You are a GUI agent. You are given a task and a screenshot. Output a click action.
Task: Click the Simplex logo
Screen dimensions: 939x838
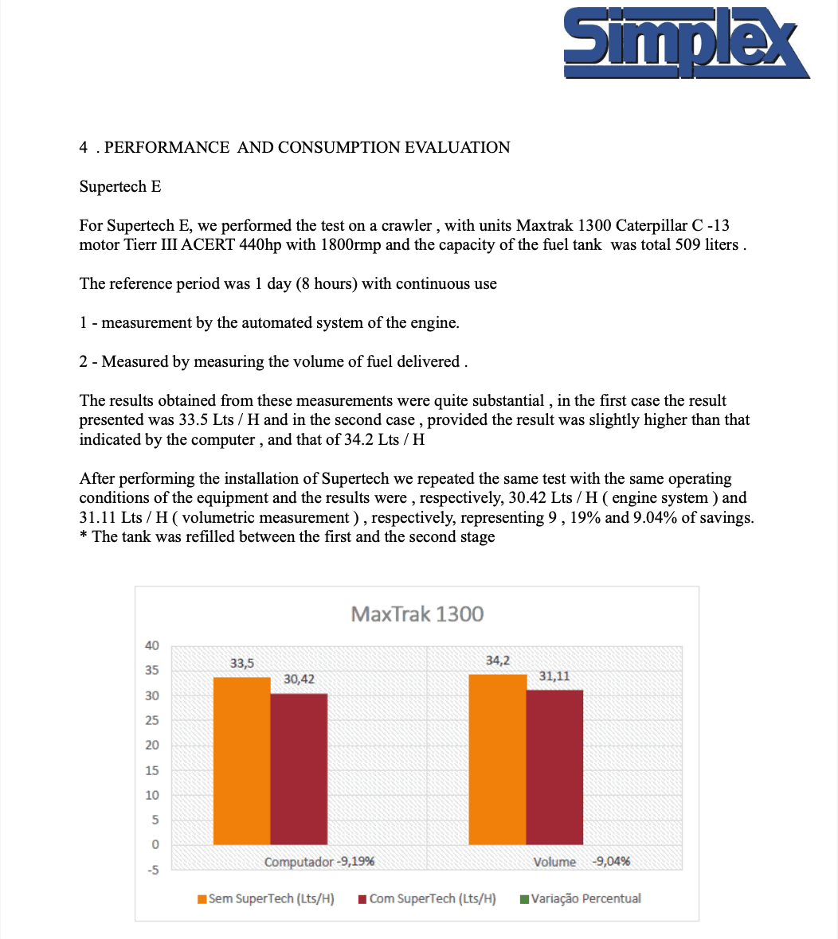coord(685,44)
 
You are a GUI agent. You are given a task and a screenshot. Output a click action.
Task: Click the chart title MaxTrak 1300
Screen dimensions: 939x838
coord(417,614)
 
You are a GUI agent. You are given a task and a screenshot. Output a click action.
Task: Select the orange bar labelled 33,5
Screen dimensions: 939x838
coord(241,760)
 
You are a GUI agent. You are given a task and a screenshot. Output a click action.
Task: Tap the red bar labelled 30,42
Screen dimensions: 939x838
coord(299,768)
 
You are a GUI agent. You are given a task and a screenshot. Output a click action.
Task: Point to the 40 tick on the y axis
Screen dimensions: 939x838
coord(152,645)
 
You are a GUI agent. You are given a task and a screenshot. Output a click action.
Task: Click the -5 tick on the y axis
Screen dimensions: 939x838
coord(152,870)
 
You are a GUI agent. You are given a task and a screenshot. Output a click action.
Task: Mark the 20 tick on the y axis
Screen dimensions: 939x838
coord(152,746)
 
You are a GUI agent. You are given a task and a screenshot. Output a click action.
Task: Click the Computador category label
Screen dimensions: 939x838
coord(299,862)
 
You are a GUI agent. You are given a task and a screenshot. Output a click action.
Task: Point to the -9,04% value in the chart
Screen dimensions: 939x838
coord(612,862)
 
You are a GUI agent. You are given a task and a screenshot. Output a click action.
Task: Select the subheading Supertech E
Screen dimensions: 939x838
coord(119,186)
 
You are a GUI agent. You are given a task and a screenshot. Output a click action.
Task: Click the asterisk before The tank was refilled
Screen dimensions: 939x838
coord(83,536)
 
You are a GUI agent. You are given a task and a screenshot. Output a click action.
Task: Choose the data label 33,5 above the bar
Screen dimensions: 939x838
coord(242,663)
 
